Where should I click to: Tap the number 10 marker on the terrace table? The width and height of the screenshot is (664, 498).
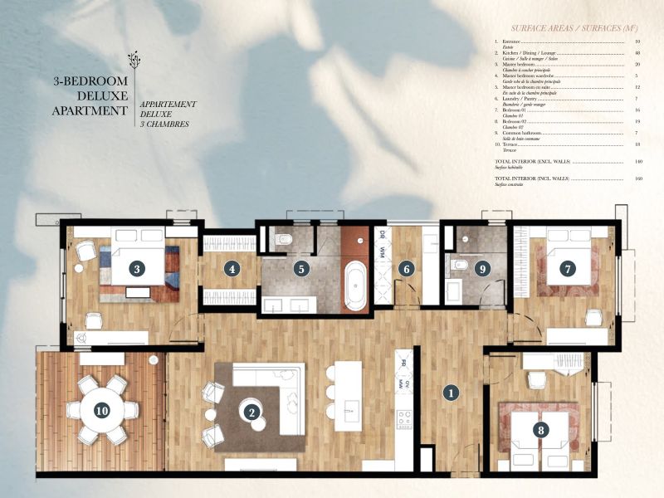click(102, 409)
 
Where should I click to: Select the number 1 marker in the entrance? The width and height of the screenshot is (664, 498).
click(450, 393)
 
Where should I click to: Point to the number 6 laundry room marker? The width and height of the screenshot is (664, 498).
click(406, 268)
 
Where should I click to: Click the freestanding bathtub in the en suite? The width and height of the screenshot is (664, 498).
click(355, 286)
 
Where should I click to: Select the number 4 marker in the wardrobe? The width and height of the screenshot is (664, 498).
click(232, 268)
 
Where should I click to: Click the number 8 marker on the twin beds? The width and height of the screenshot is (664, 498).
click(541, 430)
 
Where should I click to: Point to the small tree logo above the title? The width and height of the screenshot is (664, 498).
click(133, 60)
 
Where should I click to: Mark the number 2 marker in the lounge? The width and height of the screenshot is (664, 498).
click(250, 408)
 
